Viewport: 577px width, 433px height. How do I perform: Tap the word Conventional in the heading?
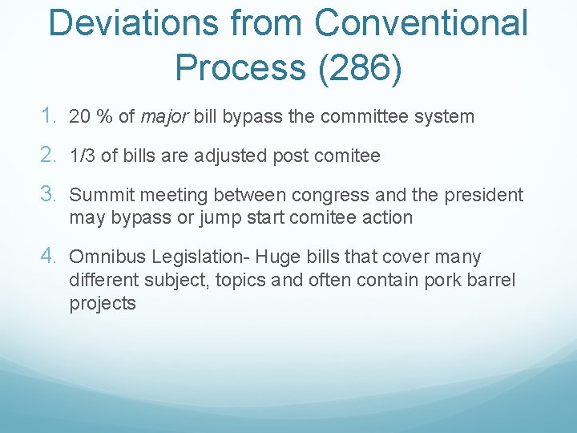click(422, 22)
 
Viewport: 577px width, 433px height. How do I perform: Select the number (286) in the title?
click(360, 67)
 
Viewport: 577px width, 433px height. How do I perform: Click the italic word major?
click(164, 117)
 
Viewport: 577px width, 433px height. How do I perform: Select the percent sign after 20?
click(104, 117)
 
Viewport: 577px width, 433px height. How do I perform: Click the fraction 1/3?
click(83, 156)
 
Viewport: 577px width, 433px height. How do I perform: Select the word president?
click(485, 195)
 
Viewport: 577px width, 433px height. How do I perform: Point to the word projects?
click(103, 304)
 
